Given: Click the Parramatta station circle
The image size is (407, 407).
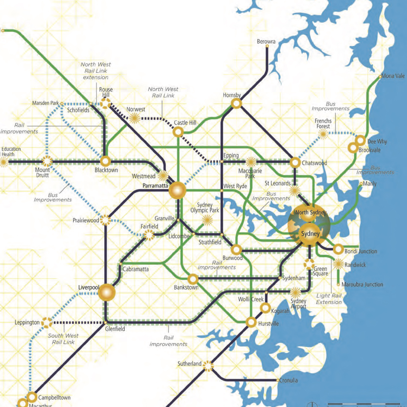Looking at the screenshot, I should (x=177, y=190).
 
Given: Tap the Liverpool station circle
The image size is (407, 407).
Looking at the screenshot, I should (x=107, y=292).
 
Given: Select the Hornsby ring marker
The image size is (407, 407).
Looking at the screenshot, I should (x=236, y=103).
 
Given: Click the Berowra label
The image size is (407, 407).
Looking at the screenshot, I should (x=266, y=41).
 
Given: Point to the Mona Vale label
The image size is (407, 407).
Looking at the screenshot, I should (x=393, y=76).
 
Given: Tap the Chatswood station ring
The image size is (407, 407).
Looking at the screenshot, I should (x=295, y=163).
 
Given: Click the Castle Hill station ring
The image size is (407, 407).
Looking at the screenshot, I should (x=178, y=132).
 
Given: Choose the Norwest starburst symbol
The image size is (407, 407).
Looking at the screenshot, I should (x=134, y=118).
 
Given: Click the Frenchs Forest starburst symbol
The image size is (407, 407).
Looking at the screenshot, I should (x=323, y=134).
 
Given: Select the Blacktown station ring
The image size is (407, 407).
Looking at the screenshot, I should (x=105, y=161).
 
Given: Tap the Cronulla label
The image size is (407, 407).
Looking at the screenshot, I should (x=288, y=380).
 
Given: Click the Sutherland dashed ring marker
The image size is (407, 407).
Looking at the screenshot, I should (x=208, y=366).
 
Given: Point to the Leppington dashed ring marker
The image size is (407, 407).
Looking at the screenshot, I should (x=47, y=323).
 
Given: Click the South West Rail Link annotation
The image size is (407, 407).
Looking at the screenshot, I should (x=63, y=339).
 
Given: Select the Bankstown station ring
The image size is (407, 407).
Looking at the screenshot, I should (x=193, y=279).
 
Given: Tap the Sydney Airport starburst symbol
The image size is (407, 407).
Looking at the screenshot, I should (x=295, y=292).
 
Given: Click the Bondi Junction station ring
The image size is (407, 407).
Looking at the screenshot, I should (x=338, y=249).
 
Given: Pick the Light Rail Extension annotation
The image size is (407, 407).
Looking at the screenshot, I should (x=329, y=299).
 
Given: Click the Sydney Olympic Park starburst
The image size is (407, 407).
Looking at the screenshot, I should (x=207, y=220).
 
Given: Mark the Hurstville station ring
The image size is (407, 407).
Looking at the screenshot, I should (x=251, y=322).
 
